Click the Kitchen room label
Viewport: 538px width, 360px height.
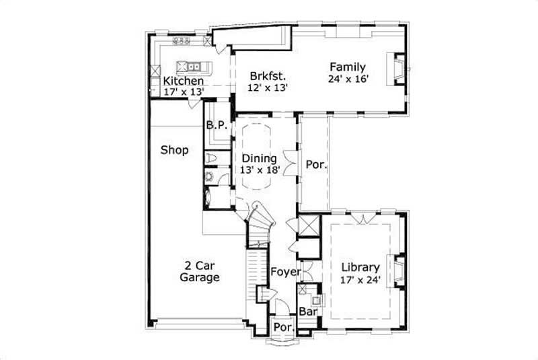[184, 81]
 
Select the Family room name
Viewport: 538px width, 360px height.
[348, 67]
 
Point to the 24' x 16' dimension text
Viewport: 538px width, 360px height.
[348, 79]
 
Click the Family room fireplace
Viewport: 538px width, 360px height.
[396, 68]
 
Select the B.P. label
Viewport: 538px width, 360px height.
[215, 124]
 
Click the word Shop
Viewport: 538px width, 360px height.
[174, 150]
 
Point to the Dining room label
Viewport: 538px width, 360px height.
[259, 159]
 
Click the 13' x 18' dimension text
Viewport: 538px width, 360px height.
[259, 170]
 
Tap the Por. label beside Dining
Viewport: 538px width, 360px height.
[316, 164]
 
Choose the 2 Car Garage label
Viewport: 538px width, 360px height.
[199, 271]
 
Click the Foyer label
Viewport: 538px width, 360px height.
[284, 272]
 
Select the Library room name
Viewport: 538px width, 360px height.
[360, 266]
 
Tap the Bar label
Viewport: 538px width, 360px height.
[307, 312]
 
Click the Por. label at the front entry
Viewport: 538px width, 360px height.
[282, 327]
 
